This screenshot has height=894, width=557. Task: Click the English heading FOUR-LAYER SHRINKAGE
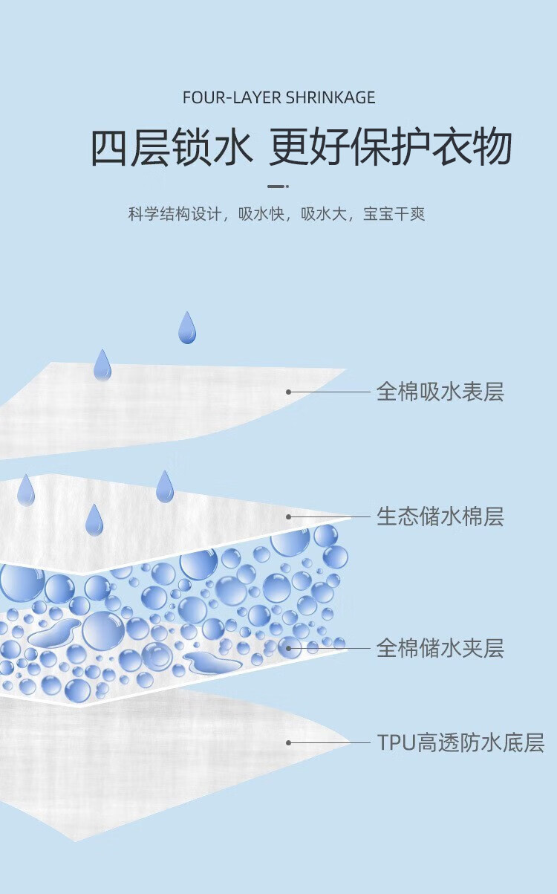278,97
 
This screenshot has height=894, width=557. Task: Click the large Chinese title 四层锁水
171,147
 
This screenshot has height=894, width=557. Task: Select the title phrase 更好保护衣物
391,147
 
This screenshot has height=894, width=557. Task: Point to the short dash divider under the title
278,187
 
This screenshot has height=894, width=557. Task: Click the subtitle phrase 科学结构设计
175,215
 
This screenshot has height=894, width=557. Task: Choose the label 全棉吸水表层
440,392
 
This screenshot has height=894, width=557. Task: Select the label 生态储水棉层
440,516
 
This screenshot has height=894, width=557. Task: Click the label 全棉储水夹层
440,648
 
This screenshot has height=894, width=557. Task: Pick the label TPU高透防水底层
460,742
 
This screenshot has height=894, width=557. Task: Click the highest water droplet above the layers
187,328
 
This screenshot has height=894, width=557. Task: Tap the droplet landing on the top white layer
102,365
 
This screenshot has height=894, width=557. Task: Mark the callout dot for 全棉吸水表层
288,392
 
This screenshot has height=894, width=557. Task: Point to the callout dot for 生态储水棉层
288,516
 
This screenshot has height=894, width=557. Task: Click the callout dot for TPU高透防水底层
288,742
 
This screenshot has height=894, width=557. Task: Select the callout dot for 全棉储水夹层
288,648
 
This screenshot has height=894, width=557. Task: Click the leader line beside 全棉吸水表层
330,392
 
